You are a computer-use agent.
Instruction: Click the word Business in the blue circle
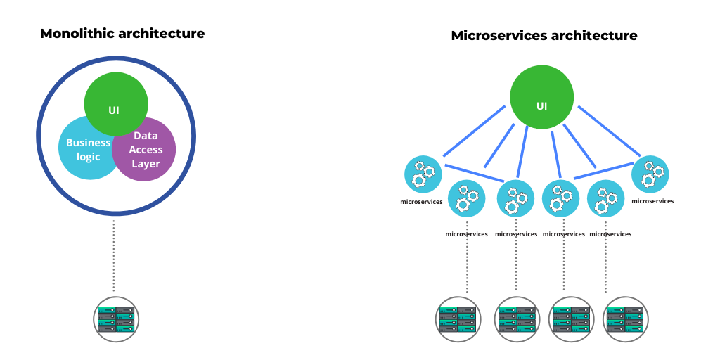click(88, 142)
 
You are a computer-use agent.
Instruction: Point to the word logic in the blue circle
click(88, 157)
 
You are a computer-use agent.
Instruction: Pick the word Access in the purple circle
click(146, 149)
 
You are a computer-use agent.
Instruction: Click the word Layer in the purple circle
click(146, 164)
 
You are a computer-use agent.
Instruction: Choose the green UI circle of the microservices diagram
click(541, 98)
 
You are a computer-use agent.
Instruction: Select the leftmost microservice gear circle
click(423, 174)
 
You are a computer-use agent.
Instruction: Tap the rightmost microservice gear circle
click(650, 174)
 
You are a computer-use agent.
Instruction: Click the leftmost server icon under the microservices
click(457, 319)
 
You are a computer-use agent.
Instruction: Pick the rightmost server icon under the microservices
click(626, 319)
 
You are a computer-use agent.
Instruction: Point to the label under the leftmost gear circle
click(422, 202)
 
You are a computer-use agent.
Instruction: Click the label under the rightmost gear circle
click(652, 201)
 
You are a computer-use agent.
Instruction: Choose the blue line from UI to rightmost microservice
click(609, 130)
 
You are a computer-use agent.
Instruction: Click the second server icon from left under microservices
click(517, 319)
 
